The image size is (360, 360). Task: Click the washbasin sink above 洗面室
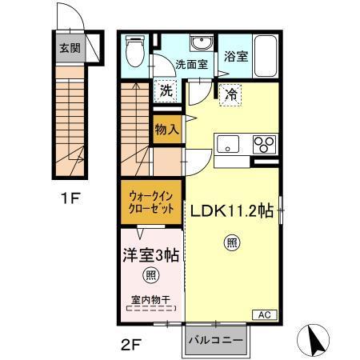point(199,43)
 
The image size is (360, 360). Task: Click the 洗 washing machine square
point(166,90)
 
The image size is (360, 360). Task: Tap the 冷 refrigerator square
point(228,93)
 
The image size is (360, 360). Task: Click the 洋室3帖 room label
point(150,254)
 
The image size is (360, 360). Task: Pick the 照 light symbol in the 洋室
point(150,275)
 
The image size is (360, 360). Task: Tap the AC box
point(263,314)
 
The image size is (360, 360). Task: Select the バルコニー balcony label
point(216,340)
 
